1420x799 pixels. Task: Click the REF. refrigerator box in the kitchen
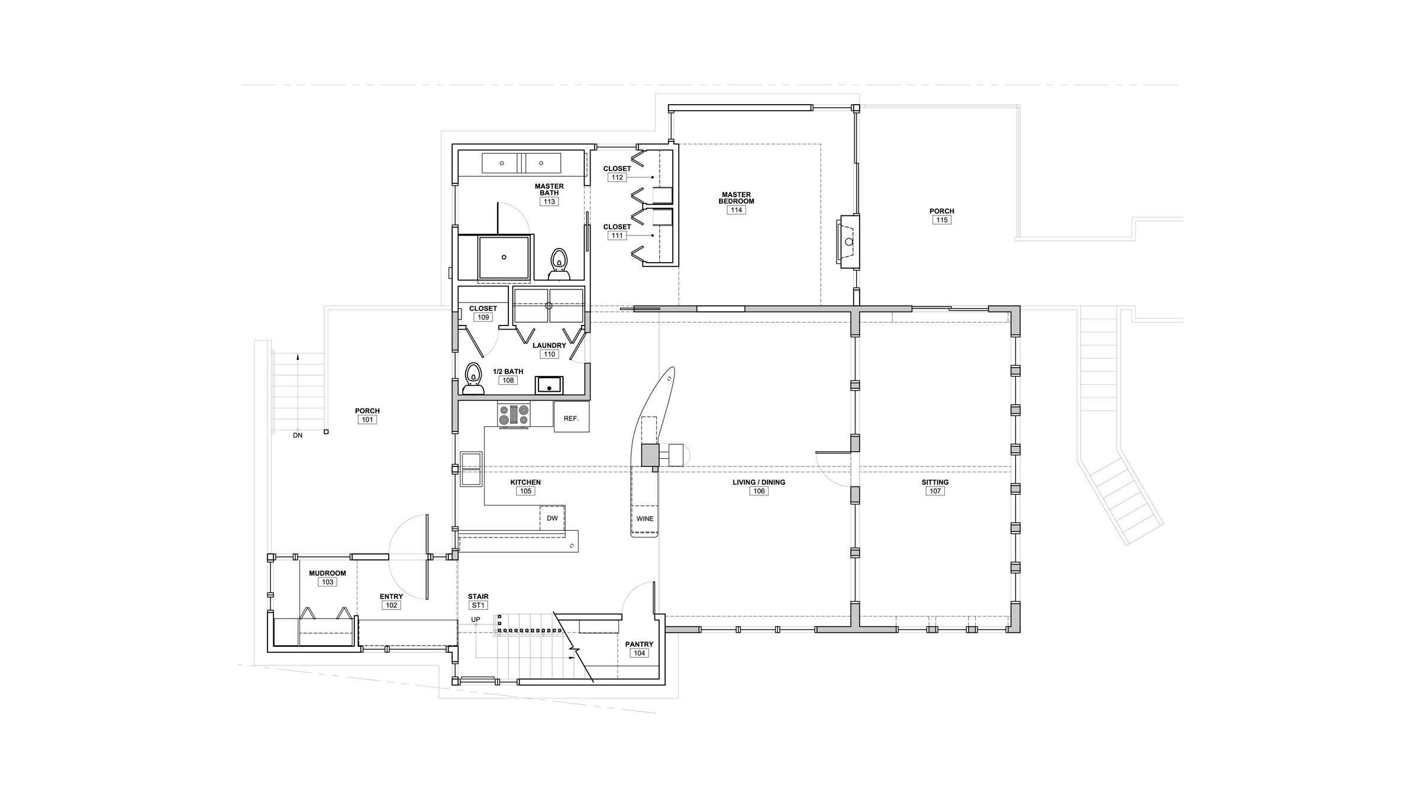point(572,417)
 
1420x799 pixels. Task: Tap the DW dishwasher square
point(552,518)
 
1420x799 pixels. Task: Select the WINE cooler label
point(645,518)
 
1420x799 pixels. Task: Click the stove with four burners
point(514,414)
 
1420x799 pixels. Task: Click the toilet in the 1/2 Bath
point(473,379)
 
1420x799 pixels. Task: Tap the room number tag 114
point(736,210)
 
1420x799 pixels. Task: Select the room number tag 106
point(759,491)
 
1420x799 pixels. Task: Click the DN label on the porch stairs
point(298,436)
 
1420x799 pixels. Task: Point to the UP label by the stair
point(476,620)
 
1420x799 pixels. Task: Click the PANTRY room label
point(639,645)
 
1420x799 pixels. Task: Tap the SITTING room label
point(935,482)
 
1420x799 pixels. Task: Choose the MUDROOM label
point(327,574)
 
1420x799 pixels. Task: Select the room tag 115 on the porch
point(941,220)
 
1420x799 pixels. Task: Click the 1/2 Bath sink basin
point(550,385)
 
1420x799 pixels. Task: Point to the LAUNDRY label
point(549,346)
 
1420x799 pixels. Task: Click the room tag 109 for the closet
point(483,317)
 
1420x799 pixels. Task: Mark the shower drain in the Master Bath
point(504,257)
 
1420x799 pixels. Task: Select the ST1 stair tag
point(478,605)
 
